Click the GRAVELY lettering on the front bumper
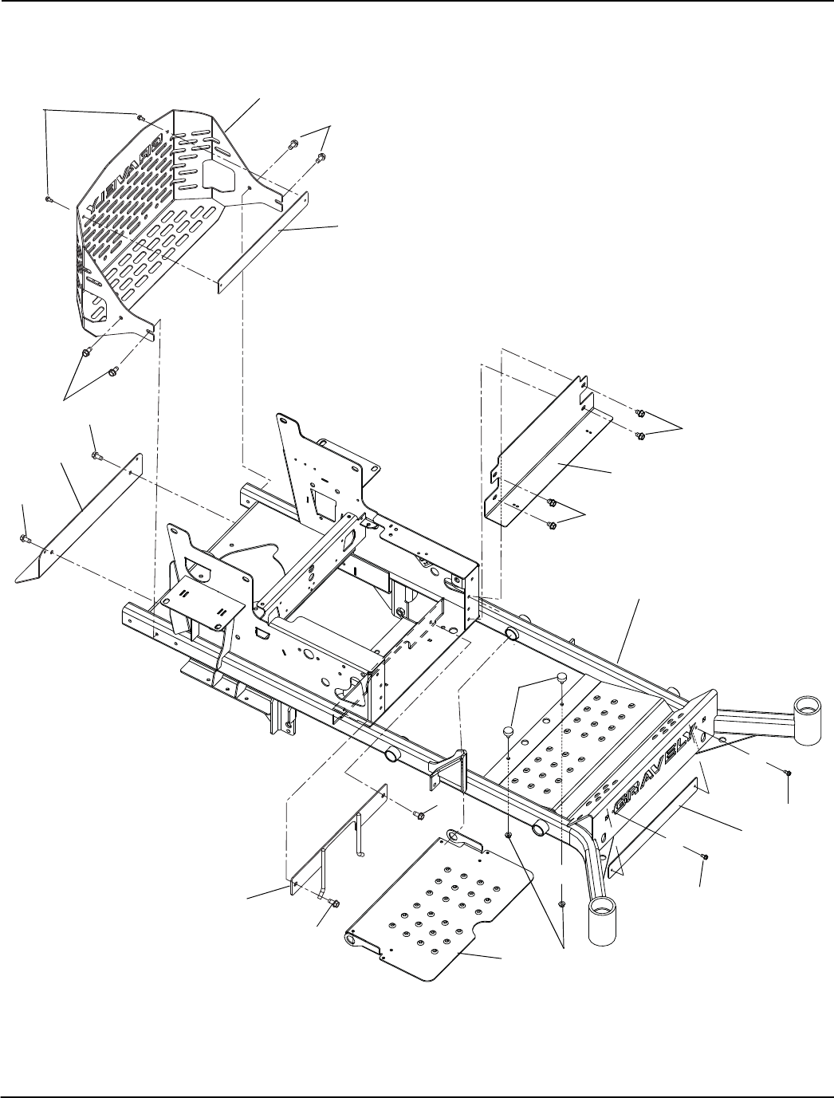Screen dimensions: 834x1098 [x=655, y=766]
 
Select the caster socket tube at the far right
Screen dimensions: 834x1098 [x=807, y=709]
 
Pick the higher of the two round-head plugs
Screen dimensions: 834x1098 [x=561, y=678]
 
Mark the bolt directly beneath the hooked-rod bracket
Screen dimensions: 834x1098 [x=333, y=902]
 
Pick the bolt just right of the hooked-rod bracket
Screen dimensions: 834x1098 [x=419, y=814]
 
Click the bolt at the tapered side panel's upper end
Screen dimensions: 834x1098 [x=96, y=456]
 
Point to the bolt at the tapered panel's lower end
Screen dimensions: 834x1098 [x=25, y=540]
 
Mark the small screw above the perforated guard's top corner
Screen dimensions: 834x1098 [x=140, y=116]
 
